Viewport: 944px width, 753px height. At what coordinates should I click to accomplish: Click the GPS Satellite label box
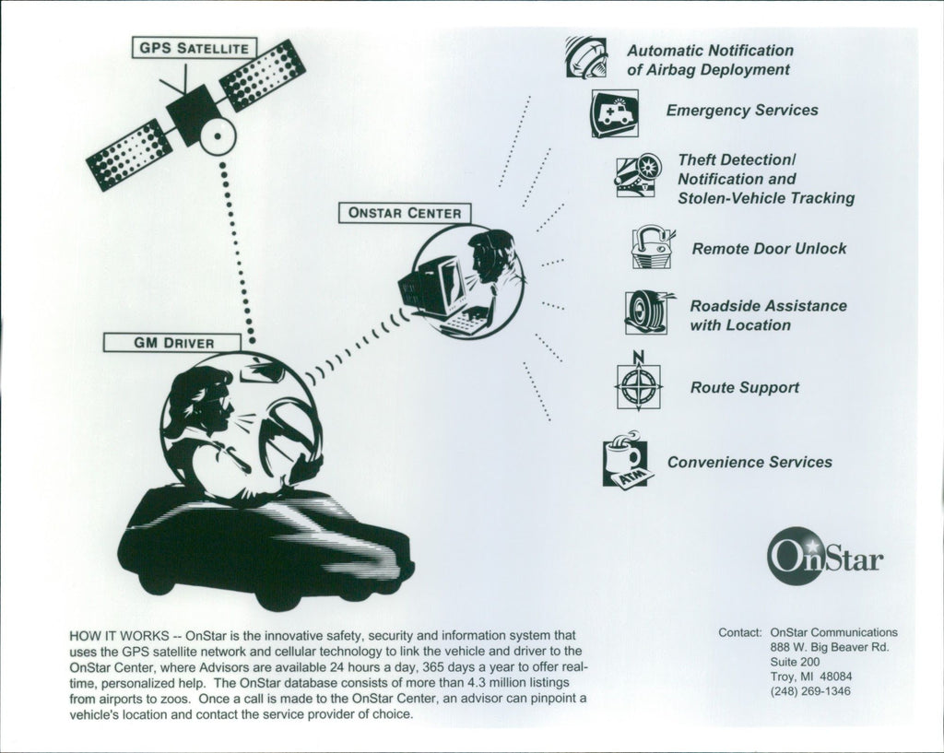pos(194,47)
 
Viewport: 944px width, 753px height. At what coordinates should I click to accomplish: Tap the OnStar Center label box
pos(405,213)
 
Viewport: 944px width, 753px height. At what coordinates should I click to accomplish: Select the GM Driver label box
pos(173,343)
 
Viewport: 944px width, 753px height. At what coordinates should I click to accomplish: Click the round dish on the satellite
pos(218,137)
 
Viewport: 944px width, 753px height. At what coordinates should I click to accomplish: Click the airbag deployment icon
pos(586,57)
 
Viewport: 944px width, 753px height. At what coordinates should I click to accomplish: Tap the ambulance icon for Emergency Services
pos(614,112)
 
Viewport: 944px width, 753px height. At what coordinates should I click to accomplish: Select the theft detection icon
pos(638,175)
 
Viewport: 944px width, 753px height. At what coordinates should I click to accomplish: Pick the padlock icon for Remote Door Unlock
pos(652,247)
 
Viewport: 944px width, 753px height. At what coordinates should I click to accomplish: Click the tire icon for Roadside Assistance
pos(647,312)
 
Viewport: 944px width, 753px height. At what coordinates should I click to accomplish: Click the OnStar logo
pos(824,557)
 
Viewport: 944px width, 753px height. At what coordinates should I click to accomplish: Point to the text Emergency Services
pos(742,111)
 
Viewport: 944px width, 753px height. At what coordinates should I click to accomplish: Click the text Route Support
pos(745,388)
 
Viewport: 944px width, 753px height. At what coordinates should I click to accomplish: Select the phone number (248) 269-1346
pos(810,691)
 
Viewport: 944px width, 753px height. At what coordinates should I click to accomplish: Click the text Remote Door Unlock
pos(769,249)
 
